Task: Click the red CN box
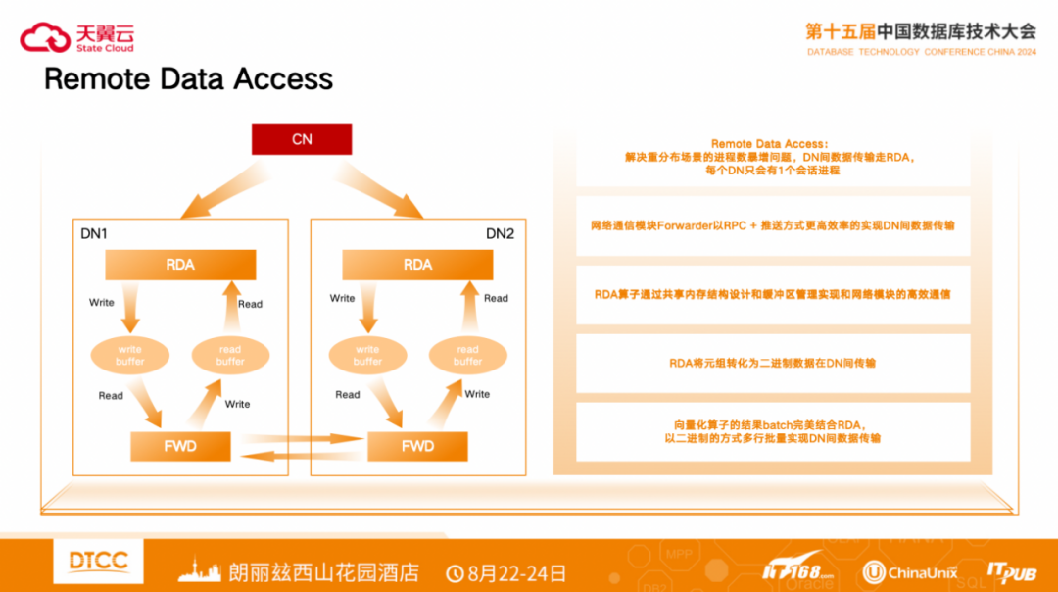click(302, 139)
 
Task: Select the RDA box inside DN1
click(180, 265)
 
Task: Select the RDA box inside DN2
click(417, 265)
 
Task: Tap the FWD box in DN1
click(180, 446)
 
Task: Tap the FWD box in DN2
click(417, 446)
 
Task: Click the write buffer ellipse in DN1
click(130, 355)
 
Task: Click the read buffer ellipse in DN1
click(230, 355)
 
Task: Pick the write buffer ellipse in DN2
click(367, 355)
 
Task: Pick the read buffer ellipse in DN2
click(467, 355)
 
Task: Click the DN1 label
click(94, 233)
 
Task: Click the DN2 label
click(500, 233)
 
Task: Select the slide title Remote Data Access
click(188, 78)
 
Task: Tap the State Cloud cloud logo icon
click(45, 37)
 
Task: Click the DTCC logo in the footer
click(99, 562)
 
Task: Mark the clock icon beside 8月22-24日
click(456, 572)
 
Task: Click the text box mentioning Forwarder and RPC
click(772, 225)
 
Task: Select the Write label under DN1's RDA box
click(102, 302)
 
